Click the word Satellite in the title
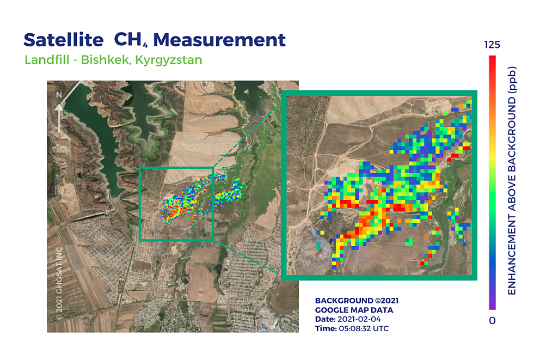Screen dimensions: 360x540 [x=64, y=40]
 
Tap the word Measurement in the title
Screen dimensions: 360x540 [x=219, y=40]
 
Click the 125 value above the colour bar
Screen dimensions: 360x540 [x=492, y=45]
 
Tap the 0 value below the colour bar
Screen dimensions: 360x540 [x=492, y=321]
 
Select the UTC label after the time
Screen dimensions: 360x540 [x=381, y=328]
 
